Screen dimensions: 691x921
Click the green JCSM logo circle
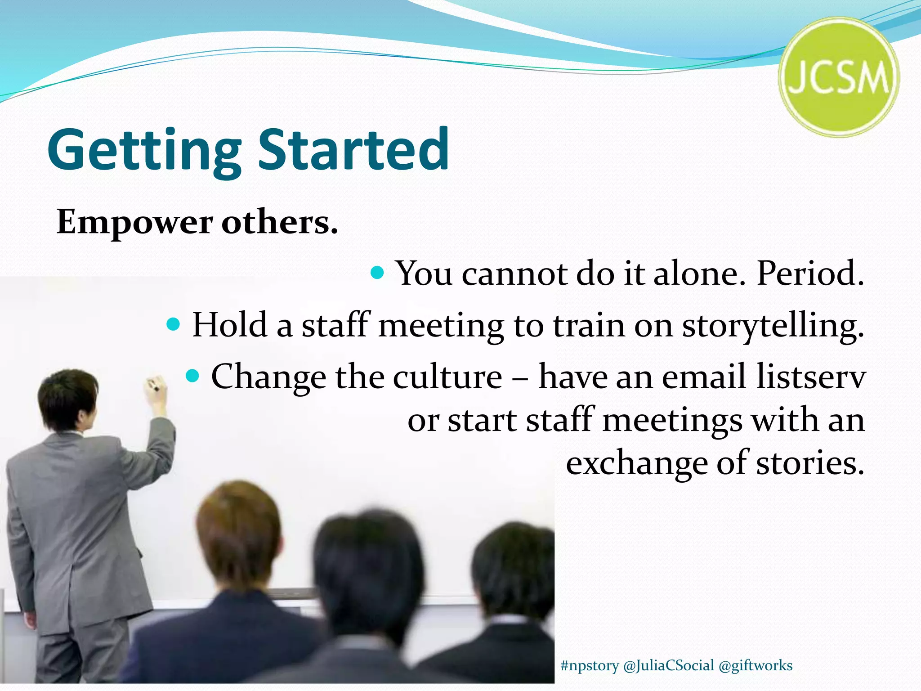point(839,77)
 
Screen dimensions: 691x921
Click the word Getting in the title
point(144,151)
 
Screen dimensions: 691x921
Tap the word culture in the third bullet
point(447,376)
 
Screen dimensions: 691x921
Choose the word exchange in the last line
point(636,463)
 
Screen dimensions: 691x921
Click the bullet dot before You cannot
point(377,273)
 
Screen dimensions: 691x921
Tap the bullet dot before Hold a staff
point(173,323)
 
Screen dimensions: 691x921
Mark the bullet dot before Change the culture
point(192,375)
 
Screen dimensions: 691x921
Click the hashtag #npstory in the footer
point(590,665)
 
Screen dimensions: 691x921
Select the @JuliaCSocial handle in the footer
point(669,665)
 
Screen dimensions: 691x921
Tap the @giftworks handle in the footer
point(756,665)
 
